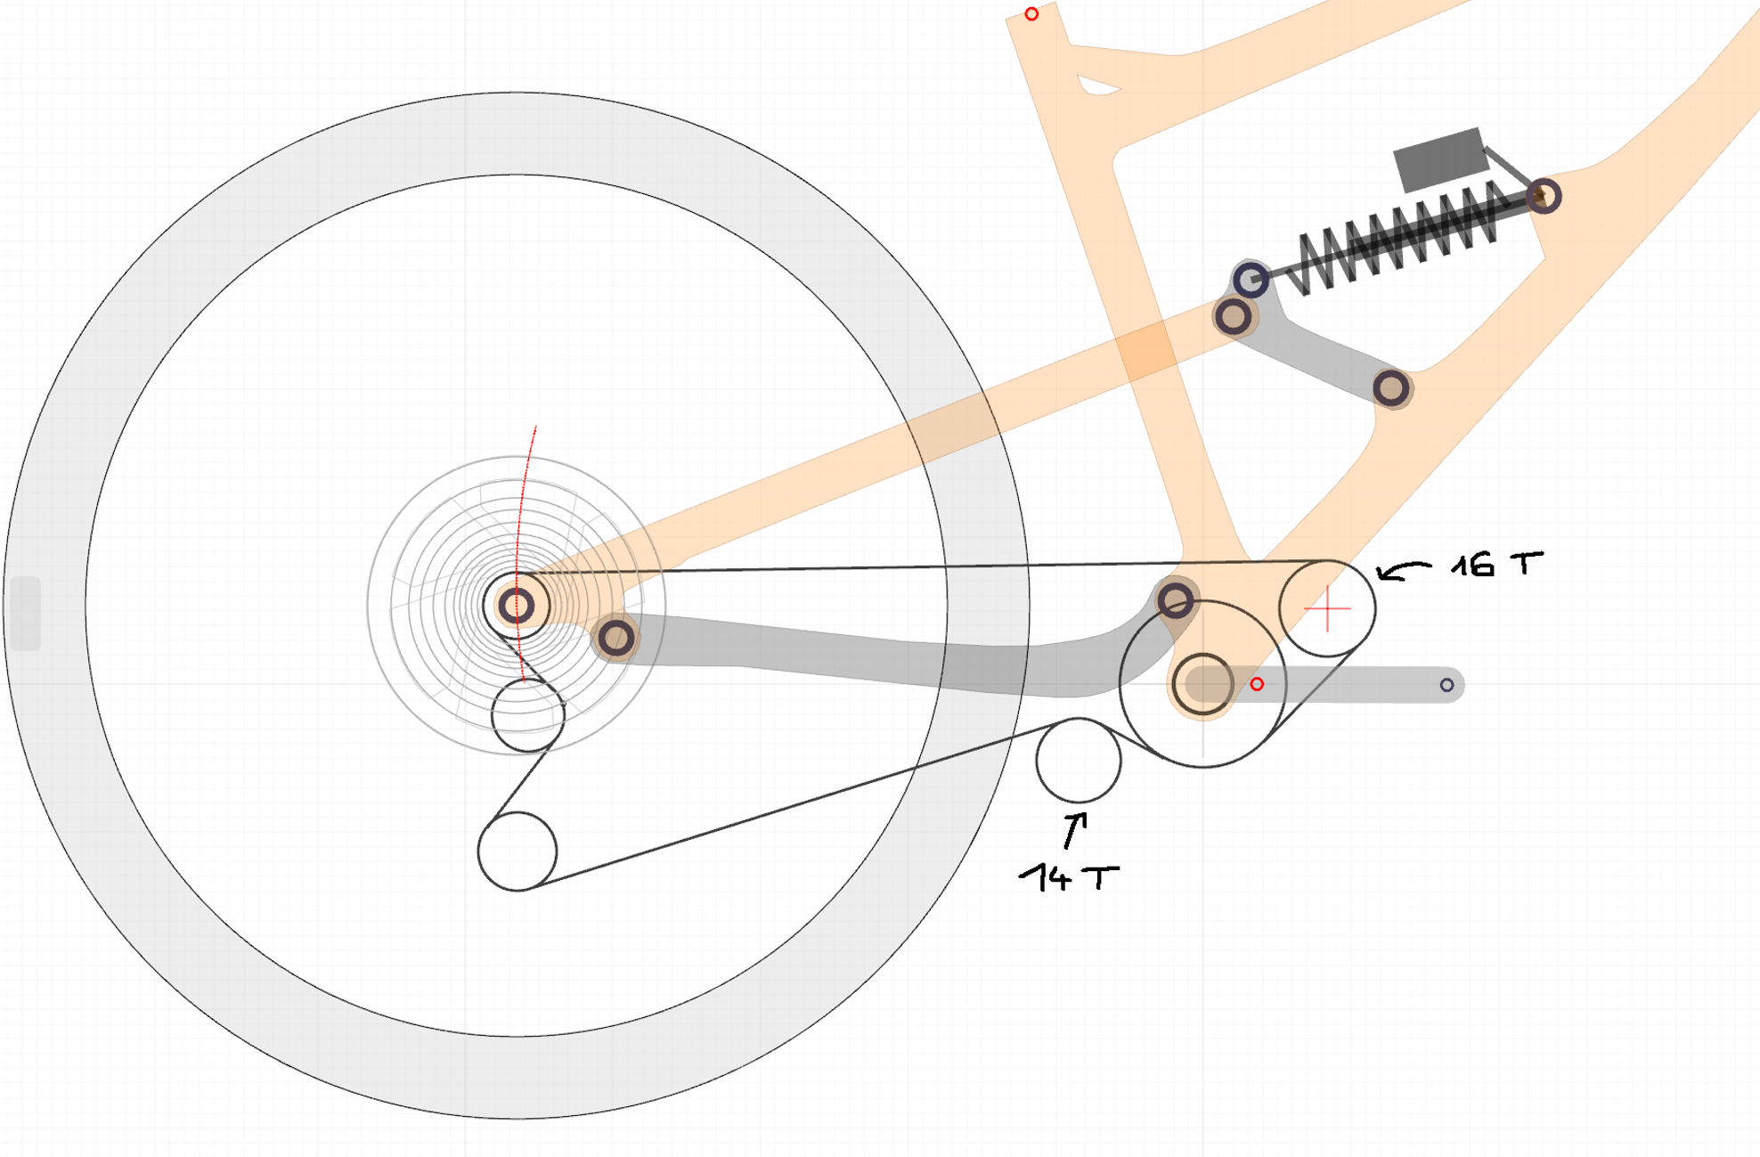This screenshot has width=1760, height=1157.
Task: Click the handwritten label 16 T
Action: coord(1496,565)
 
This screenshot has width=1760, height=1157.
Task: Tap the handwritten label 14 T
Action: coord(1069,877)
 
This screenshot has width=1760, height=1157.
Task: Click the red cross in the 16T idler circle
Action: coord(1327,608)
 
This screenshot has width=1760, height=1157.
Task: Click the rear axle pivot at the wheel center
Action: coord(516,606)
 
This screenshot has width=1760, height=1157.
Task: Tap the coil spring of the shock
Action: coord(1398,236)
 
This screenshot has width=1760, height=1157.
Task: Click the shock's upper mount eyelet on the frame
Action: coord(1544,196)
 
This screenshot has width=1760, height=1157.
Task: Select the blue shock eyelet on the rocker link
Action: coord(1251,280)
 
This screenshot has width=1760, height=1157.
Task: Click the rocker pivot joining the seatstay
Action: coord(1233,315)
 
